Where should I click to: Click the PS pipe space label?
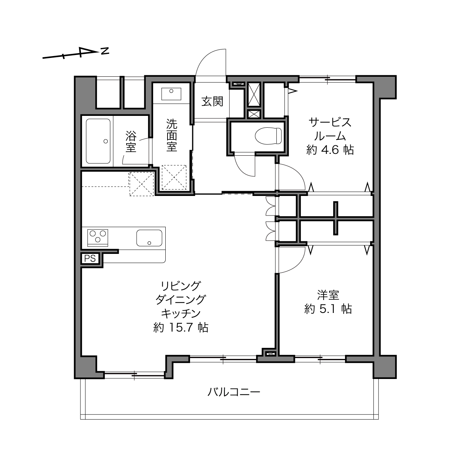tap(90, 258)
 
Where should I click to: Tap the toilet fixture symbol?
tap(268, 136)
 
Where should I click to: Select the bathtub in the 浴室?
tap(98, 141)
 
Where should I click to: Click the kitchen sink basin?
tap(149, 238)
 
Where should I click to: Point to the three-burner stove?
tap(97, 238)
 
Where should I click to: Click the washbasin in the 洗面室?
tap(171, 94)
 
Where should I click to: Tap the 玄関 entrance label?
tap(212, 101)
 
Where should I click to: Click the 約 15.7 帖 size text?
tap(181, 328)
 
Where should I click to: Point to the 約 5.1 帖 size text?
tap(328, 309)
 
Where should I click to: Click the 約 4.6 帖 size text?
tap(330, 150)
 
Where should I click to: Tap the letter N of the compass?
tap(105, 51)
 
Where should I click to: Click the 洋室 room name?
tap(328, 295)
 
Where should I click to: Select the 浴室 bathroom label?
tap(131, 141)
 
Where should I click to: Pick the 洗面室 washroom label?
tap(172, 135)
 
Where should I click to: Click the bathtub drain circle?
tap(106, 141)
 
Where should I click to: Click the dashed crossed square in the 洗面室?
tap(174, 177)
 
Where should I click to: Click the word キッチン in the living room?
tap(181, 313)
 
